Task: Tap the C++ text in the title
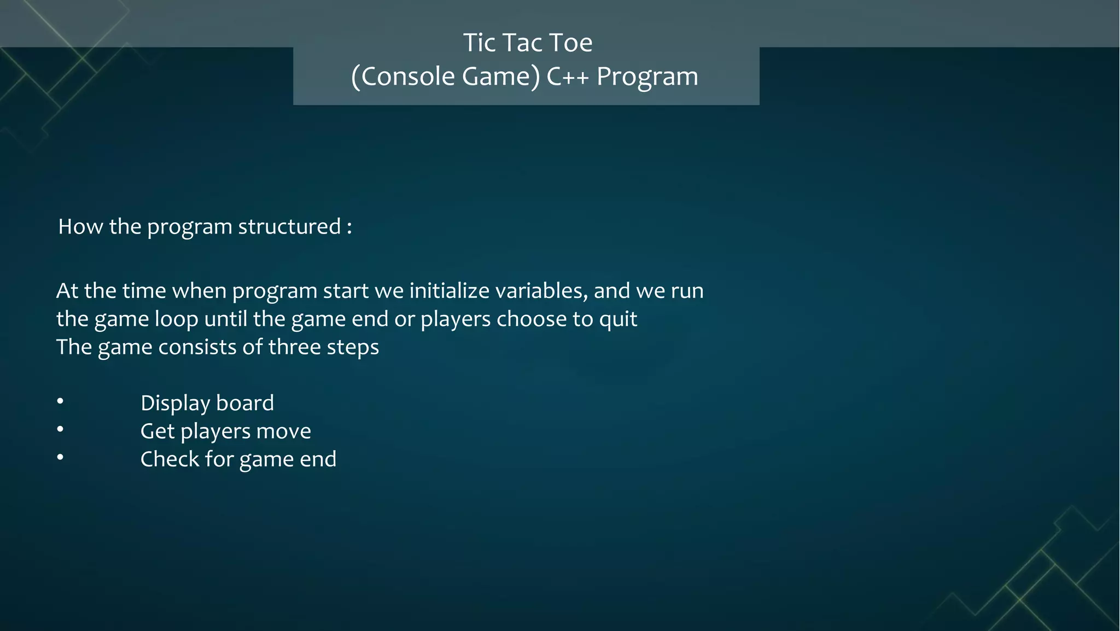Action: (x=568, y=77)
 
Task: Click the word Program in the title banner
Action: (x=647, y=77)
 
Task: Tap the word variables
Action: (x=541, y=290)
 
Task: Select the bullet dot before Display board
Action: (x=60, y=402)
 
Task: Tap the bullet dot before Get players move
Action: (x=60, y=430)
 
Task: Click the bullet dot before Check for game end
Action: (x=60, y=458)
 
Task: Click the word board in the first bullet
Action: (x=244, y=403)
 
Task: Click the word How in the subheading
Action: (x=80, y=226)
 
